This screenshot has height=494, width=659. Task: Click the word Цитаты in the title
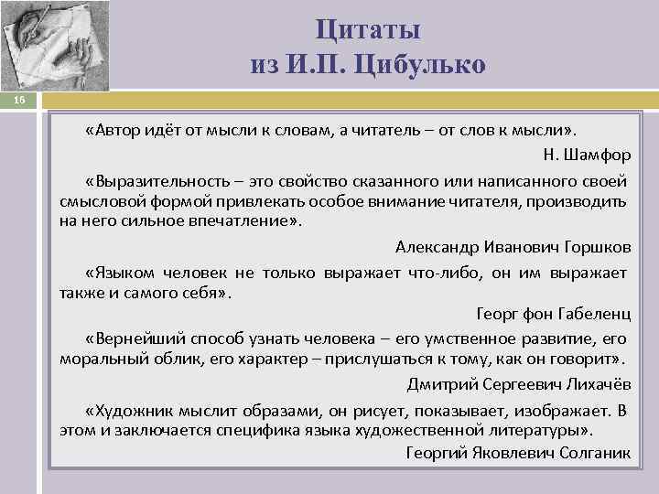pyautogui.click(x=369, y=29)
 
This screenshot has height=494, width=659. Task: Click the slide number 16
pyautogui.click(x=19, y=102)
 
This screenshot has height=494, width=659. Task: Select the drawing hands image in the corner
pyautogui.click(x=55, y=46)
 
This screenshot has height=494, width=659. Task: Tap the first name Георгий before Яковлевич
pyautogui.click(x=435, y=453)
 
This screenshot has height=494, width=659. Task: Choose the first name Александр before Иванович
pyautogui.click(x=433, y=247)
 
